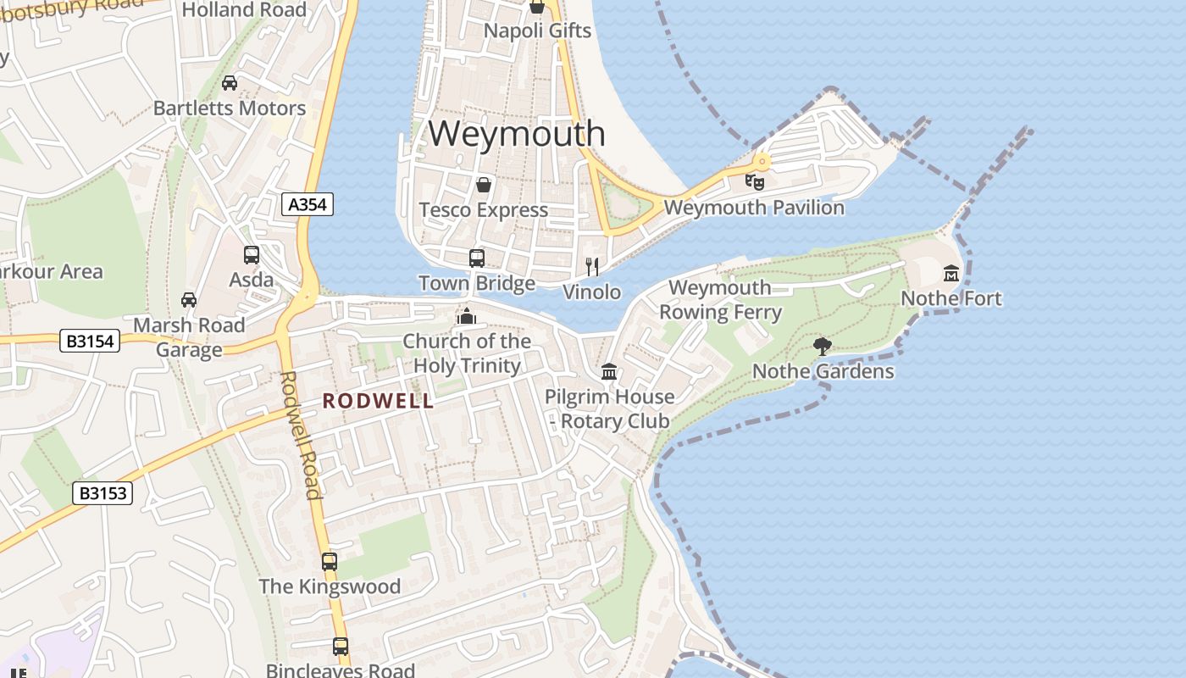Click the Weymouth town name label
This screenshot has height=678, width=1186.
tap(517, 134)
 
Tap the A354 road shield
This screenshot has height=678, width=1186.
tap(308, 204)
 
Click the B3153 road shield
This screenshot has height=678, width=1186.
tap(103, 493)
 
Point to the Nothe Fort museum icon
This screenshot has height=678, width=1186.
tap(951, 274)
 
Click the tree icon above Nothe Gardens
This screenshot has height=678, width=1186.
tap(822, 346)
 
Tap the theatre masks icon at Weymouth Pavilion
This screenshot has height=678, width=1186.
tap(754, 181)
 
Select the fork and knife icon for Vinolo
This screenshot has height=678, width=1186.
tap(592, 267)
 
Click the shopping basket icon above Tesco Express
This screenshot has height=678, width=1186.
tap(484, 185)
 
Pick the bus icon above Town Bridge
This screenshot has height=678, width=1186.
tap(477, 258)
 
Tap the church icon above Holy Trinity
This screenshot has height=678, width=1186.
tap(466, 316)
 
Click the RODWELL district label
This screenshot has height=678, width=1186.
tap(378, 401)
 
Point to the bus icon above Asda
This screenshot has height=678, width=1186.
tap(252, 254)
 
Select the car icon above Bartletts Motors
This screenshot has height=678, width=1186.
tap(230, 83)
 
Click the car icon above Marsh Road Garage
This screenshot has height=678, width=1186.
tap(189, 300)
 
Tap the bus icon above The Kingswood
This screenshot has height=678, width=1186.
tap(330, 561)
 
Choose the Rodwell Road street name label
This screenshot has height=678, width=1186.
tap(301, 434)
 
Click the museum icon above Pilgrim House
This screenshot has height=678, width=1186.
tap(608, 371)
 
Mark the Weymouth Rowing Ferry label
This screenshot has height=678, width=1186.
tap(720, 300)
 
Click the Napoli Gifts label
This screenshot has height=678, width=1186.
tap(537, 31)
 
